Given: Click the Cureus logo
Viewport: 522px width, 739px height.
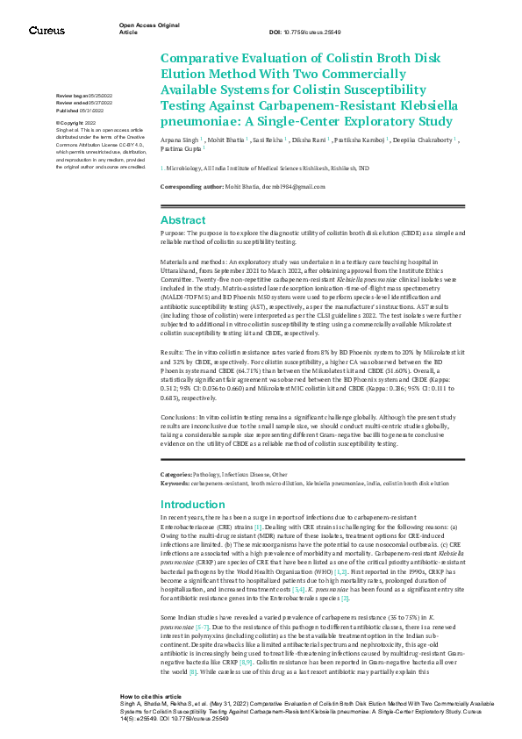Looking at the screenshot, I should (46, 31).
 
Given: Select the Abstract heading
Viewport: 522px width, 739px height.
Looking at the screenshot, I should (182, 220).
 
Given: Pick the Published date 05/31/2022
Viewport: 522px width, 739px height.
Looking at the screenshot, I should (97, 111).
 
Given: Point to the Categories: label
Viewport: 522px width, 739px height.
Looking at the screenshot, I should (179, 474).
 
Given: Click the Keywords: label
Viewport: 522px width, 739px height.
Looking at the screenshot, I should (177, 482).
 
